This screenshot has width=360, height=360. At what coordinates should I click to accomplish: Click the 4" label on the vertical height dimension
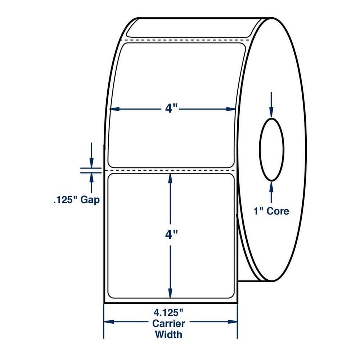pos(171,235)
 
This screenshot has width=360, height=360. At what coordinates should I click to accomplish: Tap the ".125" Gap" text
pos(76,200)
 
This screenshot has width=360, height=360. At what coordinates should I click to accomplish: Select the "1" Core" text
pos(271,211)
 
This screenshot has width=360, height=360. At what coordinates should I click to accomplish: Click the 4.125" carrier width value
pos(168,312)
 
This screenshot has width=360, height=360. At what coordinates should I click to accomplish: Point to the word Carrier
pos(168,324)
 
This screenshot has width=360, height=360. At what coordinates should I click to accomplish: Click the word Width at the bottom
pos(168,334)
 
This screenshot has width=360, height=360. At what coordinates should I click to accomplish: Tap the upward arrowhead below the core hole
pos(271,186)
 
